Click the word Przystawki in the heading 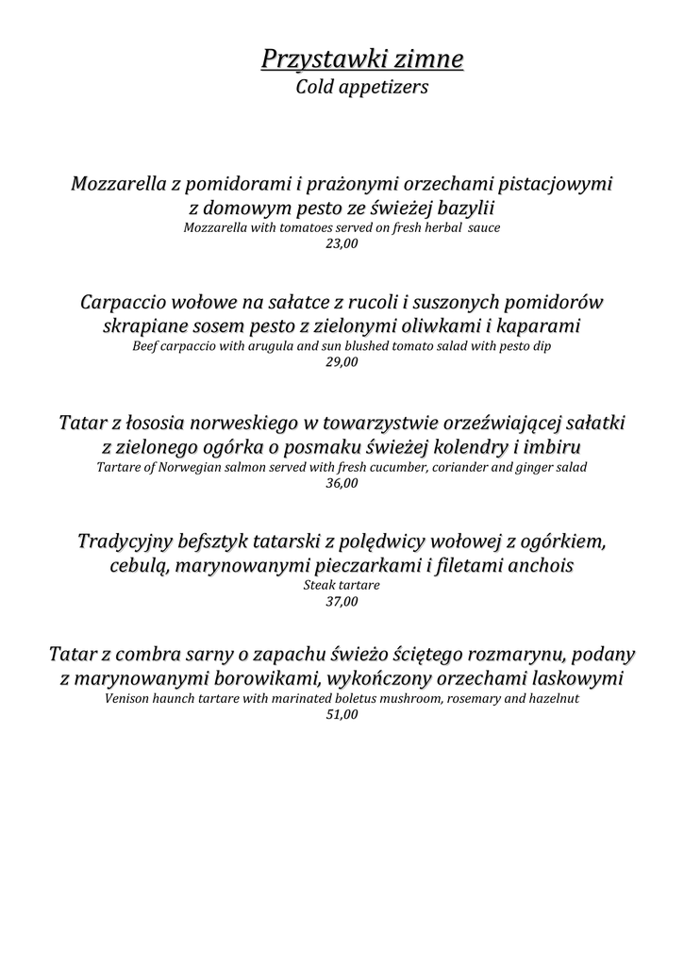[312, 61]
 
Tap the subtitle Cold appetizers [362, 88]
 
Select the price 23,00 [342, 243]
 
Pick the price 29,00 [342, 361]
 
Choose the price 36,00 [342, 483]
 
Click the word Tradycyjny [124, 542]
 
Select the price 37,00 [342, 602]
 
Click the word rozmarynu [513, 655]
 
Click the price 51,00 [342, 715]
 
